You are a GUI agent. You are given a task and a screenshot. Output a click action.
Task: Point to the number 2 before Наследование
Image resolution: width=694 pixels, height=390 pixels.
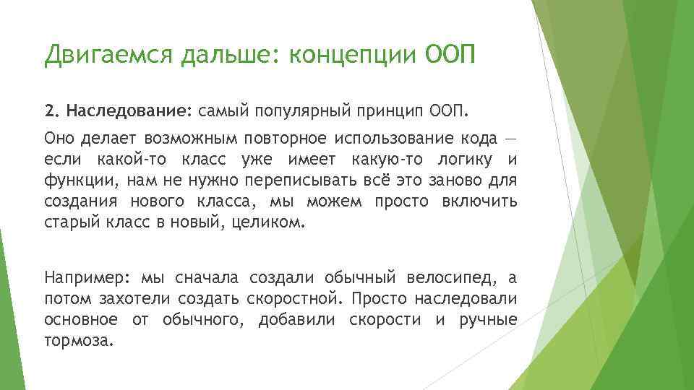49,112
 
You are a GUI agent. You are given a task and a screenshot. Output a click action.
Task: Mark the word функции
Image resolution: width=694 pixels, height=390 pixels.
74,181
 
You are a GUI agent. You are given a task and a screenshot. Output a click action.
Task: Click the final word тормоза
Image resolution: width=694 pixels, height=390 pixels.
79,341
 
